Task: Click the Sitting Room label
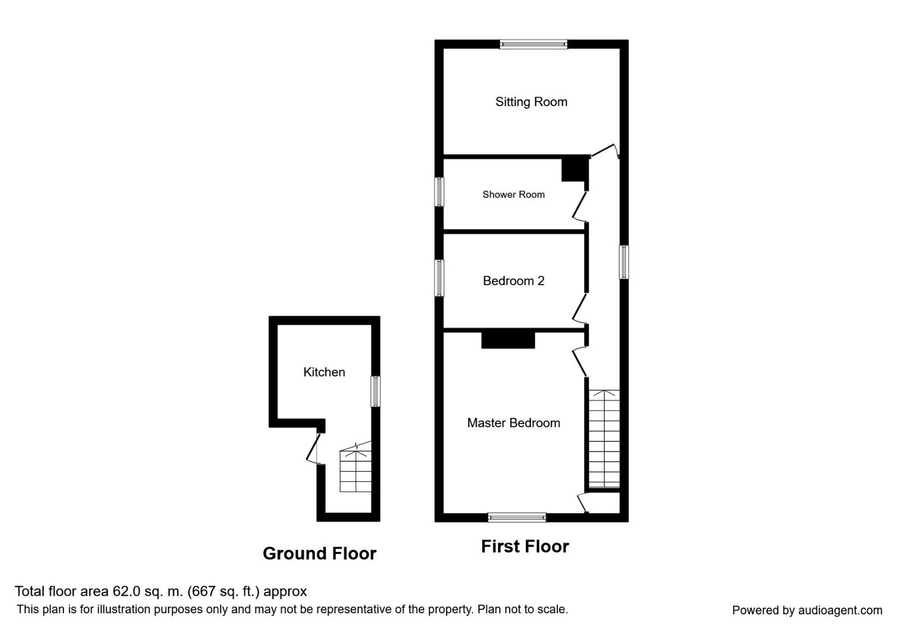[531, 102]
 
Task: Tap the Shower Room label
[513, 194]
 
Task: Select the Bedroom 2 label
[513, 280]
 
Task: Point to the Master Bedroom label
[513, 423]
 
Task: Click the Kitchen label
[324, 372]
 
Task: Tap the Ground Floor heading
[319, 553]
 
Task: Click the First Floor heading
[525, 546]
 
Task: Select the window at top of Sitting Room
[533, 44]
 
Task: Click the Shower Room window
[440, 192]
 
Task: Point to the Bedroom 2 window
[440, 277]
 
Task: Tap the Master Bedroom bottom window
[516, 517]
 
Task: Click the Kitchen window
[375, 391]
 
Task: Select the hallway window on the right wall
[624, 262]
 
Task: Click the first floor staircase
[604, 438]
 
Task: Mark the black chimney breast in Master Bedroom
[508, 340]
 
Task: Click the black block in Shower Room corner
[574, 170]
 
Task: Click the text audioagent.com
[840, 610]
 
